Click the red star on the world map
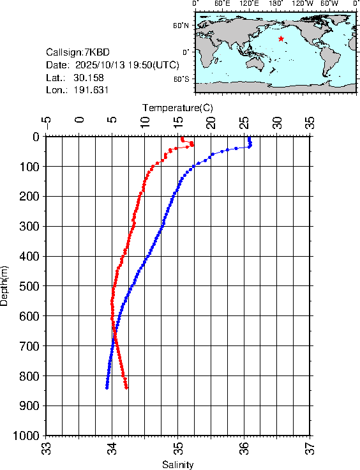281,39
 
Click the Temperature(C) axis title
177,106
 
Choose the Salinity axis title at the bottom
177,464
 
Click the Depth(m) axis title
5,284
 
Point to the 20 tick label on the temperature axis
211,121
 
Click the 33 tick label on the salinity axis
46,450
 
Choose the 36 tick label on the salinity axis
244,450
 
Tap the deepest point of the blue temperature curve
107,387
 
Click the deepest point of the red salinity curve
126,387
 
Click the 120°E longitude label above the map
248,4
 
